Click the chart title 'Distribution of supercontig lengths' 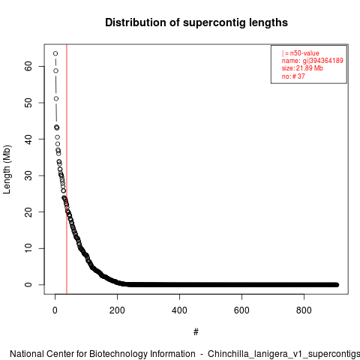click(x=196, y=22)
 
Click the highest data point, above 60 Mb click(x=55, y=53)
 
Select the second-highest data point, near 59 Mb click(x=55, y=70)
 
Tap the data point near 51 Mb click(x=56, y=99)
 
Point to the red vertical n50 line click(x=67, y=169)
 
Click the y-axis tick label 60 click(x=28, y=66)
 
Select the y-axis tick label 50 click(x=28, y=103)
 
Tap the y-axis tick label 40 click(x=28, y=139)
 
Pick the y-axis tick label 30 click(x=28, y=175)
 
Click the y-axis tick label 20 click(x=28, y=212)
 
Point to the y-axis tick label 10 click(x=28, y=248)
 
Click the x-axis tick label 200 click(x=117, y=310)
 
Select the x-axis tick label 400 click(x=179, y=310)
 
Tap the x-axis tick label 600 click(x=241, y=310)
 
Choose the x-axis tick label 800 click(x=304, y=310)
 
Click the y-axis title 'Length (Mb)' click(x=7, y=169)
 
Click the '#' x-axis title click(x=196, y=332)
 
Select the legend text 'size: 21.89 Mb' click(x=302, y=68)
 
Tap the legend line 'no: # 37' click(x=293, y=76)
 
